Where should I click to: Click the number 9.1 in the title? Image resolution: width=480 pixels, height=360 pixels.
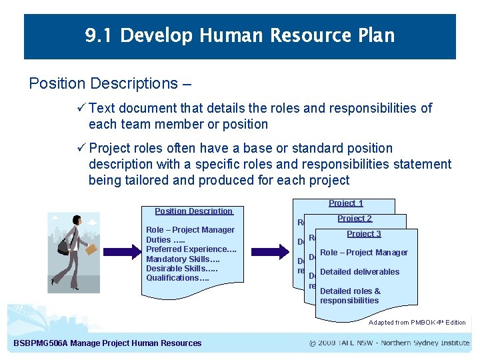[x=100, y=35]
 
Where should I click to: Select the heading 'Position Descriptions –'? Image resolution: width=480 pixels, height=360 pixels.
[x=110, y=83]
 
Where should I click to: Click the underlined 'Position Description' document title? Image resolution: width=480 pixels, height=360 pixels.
[x=193, y=211]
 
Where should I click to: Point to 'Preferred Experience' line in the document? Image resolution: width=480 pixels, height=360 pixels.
[x=191, y=249]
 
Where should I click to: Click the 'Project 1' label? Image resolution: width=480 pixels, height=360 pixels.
[x=346, y=203]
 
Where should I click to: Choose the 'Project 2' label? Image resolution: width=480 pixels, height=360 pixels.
[x=355, y=219]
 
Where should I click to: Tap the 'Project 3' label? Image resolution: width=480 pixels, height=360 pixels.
[x=364, y=234]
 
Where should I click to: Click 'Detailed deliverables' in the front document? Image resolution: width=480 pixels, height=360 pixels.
[x=359, y=271]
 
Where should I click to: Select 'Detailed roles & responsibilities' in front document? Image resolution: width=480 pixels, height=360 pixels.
[x=350, y=295]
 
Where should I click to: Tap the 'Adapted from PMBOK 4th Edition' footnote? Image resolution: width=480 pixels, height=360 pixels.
[x=417, y=323]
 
